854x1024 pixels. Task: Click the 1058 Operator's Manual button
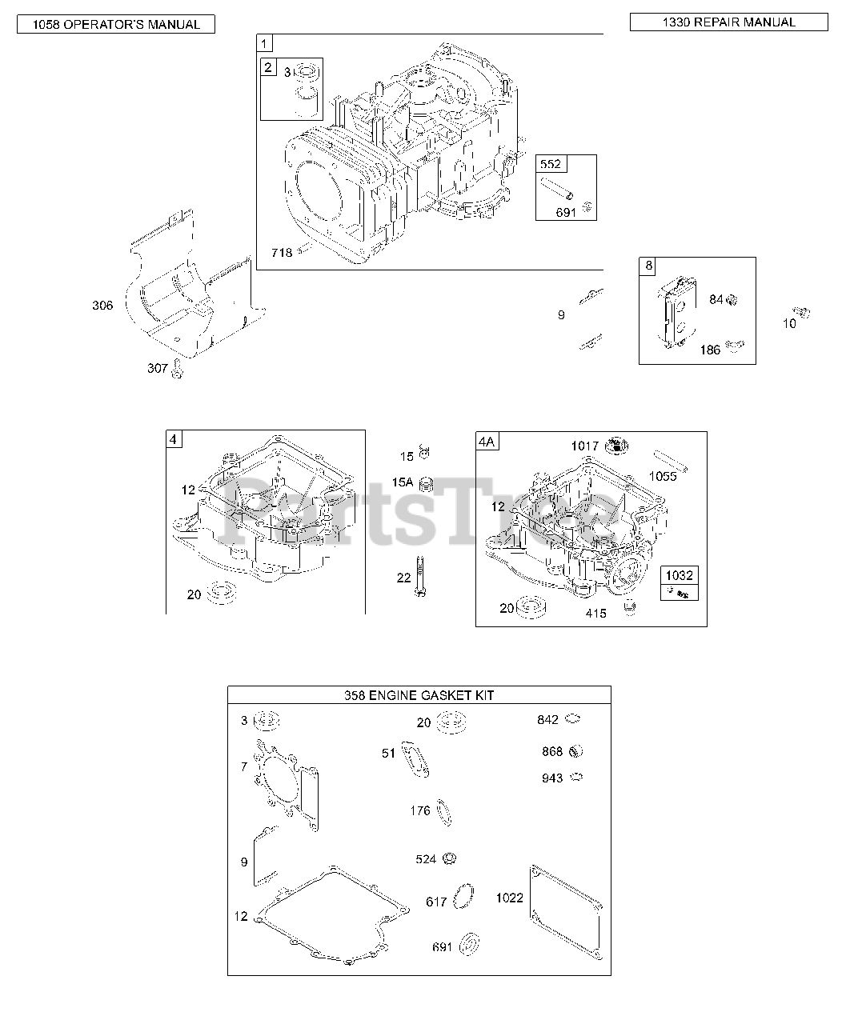click(116, 25)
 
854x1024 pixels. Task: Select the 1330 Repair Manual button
click(728, 22)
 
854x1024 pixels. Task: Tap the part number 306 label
click(102, 305)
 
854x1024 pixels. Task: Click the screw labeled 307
click(178, 370)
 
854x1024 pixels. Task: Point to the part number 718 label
click(281, 253)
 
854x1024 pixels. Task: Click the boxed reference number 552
click(551, 165)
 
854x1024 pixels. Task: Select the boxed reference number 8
click(648, 266)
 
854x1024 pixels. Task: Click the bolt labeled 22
click(419, 576)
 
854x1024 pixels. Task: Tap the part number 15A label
click(403, 482)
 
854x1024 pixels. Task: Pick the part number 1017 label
click(584, 446)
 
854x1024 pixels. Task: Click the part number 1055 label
click(662, 476)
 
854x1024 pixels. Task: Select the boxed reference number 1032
click(680, 575)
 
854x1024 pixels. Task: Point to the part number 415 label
click(596, 614)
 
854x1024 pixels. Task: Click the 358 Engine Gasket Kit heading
click(419, 695)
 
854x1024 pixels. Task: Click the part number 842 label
click(548, 720)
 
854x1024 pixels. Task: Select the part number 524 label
click(426, 859)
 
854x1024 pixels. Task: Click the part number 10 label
click(789, 324)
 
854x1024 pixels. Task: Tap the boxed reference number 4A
click(487, 441)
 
